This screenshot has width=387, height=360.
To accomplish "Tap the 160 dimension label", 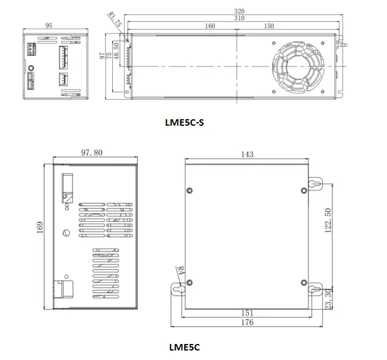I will (210, 26).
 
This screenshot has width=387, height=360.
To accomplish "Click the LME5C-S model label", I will (184, 123).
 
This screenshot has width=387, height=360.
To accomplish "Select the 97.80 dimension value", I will (91, 153).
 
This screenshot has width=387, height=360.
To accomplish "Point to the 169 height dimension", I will (40, 228).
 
